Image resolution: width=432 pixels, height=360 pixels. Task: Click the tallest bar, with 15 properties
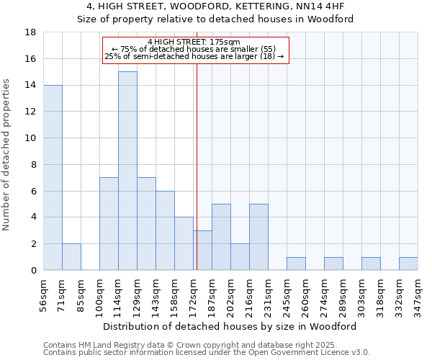pos(127,171)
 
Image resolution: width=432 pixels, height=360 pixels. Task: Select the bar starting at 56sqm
pos(53,177)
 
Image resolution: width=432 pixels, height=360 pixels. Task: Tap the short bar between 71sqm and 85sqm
pos(71,257)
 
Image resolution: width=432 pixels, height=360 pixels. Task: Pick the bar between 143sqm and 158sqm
pos(165,230)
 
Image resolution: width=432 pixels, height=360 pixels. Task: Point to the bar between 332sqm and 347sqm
pos(408,264)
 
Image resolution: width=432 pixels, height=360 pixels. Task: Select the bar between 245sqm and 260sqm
pos(296,264)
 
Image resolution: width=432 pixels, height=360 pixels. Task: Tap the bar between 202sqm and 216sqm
pos(240,257)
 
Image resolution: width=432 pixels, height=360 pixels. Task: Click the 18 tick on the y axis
pos(31,32)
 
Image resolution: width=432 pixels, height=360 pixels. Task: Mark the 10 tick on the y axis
pos(31,138)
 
